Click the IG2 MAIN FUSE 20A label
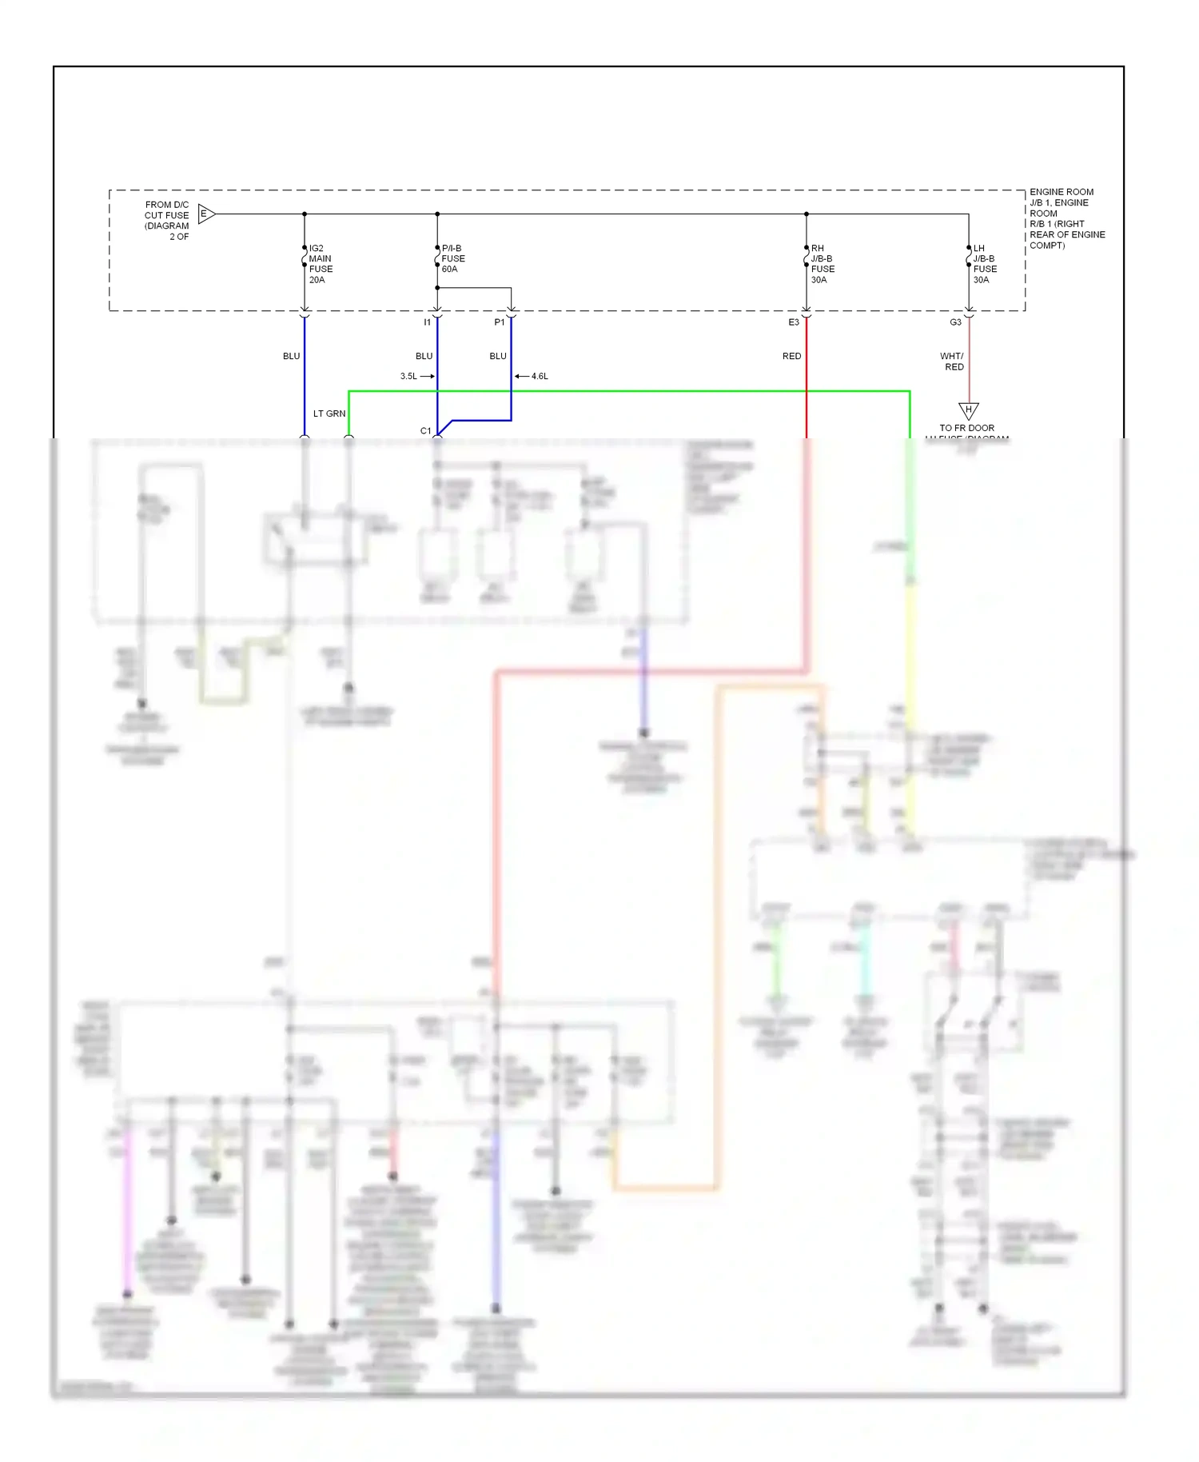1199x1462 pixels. tap(321, 264)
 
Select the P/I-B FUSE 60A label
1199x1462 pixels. tap(453, 258)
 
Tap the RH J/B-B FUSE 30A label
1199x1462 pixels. tap(823, 264)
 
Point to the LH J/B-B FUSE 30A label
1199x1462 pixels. tap(985, 264)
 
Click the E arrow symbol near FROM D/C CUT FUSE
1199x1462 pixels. tap(205, 214)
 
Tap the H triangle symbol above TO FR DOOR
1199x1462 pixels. tap(968, 410)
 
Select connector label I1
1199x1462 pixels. tap(427, 322)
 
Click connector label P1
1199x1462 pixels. tap(499, 322)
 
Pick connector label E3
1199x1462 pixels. tap(793, 322)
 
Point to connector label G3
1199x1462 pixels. tap(955, 322)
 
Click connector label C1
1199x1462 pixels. tap(425, 430)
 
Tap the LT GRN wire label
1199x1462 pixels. tap(329, 413)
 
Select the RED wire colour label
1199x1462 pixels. tap(791, 356)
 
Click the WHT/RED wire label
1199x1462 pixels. tap(952, 362)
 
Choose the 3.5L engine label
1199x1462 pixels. tap(408, 376)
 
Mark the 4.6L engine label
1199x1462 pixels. tap(540, 376)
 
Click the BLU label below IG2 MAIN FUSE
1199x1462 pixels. tap(291, 356)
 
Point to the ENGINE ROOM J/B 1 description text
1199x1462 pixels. tap(1066, 218)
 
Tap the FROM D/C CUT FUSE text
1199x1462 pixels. tap(167, 220)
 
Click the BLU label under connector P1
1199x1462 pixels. tap(498, 356)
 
